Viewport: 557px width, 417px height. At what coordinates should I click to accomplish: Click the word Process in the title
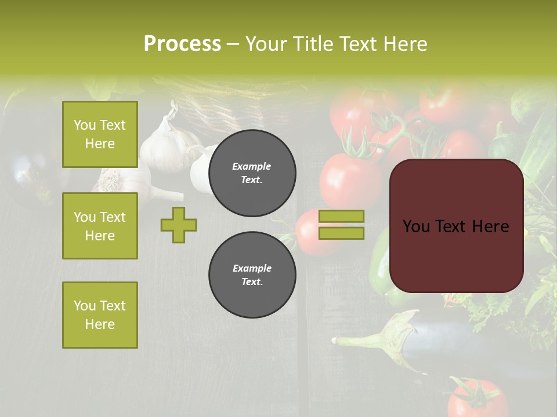[182, 44]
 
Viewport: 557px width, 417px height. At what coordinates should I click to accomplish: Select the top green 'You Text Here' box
[100, 134]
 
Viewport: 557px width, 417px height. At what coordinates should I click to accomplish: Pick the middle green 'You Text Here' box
[100, 226]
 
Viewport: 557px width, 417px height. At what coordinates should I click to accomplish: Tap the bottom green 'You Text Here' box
[100, 315]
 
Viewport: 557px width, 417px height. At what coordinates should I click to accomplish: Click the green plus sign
[179, 225]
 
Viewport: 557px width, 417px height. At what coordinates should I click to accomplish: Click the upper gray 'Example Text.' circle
[252, 173]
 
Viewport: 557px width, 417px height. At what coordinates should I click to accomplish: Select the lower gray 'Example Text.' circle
[252, 275]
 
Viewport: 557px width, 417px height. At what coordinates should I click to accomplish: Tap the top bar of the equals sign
[342, 217]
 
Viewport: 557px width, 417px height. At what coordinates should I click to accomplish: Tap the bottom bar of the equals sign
[342, 233]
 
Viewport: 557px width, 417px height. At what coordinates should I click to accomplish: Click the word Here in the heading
[404, 44]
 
